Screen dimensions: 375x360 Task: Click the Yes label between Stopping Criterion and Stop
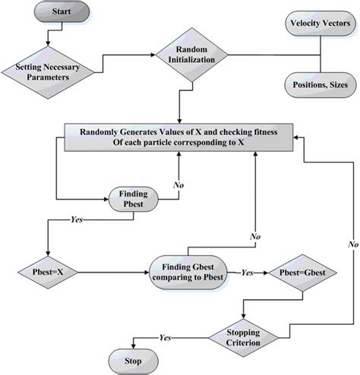pyautogui.click(x=163, y=336)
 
